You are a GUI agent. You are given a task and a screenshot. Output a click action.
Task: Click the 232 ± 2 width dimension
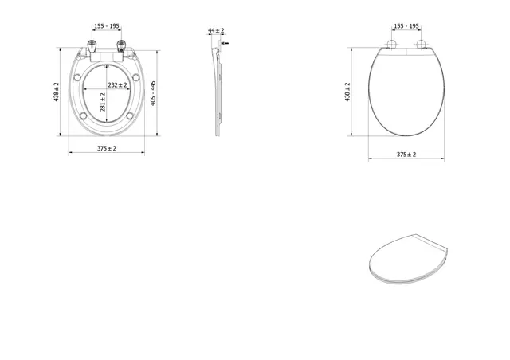point(117,85)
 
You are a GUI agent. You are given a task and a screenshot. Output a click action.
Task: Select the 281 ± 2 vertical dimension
point(103,102)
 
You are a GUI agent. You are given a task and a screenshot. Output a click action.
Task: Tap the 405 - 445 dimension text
point(153,93)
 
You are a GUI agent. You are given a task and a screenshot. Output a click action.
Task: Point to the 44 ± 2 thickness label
point(216,30)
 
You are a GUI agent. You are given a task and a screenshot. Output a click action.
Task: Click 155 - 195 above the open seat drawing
point(107,26)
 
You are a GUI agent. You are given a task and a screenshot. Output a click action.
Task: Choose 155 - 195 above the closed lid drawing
point(406,26)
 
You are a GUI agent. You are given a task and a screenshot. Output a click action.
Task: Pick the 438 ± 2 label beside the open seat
point(57,92)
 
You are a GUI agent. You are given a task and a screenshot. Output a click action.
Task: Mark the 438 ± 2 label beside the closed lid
point(347,92)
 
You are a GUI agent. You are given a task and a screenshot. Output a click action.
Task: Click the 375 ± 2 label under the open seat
point(106,148)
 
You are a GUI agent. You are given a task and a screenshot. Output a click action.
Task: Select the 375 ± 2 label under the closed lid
point(406,155)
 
